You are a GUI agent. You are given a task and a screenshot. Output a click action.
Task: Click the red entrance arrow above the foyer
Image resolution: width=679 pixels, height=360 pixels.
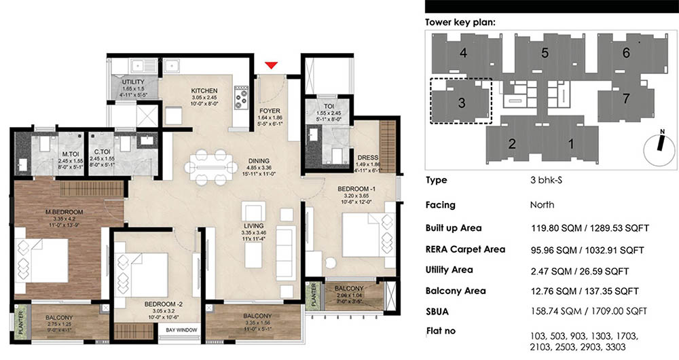[x=272, y=65]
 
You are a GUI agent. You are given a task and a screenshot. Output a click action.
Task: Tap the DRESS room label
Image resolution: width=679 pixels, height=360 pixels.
[x=367, y=158]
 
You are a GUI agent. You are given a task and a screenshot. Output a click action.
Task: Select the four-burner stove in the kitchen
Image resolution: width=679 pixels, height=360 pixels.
[x=240, y=98]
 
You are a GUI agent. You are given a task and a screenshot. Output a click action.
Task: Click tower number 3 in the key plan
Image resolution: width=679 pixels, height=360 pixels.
[x=461, y=103]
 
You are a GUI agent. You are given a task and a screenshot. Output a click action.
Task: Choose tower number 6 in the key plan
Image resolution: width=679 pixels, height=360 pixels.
[x=626, y=52]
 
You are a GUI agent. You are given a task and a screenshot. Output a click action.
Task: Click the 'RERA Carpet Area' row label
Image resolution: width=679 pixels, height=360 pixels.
[x=465, y=249]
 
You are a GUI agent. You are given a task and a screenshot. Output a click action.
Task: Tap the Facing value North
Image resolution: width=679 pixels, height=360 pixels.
[x=542, y=204]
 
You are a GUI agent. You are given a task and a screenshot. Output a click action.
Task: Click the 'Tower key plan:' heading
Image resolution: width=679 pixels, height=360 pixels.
[x=460, y=22]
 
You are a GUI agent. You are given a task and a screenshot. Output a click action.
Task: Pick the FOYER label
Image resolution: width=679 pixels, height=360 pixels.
[x=270, y=111]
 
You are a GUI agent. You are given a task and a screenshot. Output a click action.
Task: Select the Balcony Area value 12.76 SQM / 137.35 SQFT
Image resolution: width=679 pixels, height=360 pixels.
[x=585, y=291]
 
